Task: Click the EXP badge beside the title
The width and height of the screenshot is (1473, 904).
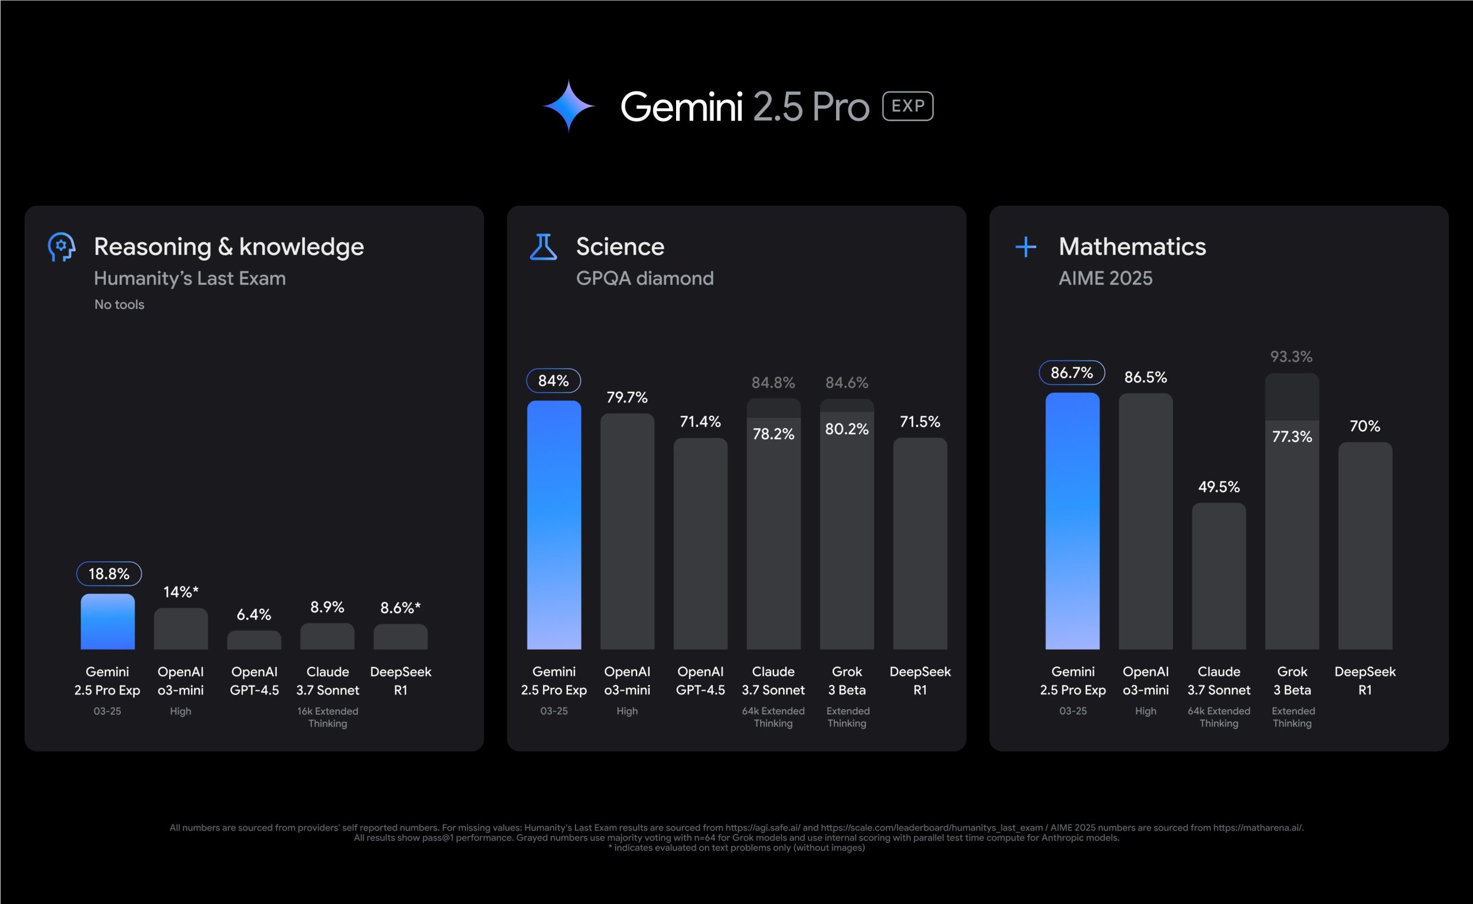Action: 907,106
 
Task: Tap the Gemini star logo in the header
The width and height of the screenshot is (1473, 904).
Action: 568,106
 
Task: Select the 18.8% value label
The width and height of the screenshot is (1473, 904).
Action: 109,574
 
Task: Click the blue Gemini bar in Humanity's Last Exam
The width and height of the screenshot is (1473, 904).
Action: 108,622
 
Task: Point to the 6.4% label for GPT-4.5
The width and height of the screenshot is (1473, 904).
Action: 254,615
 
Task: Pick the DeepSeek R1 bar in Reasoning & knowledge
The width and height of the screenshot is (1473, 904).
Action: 400,637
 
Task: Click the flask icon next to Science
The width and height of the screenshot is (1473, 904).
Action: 543,247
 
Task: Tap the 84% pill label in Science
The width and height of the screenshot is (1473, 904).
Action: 553,381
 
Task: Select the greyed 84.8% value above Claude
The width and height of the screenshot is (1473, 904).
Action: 773,382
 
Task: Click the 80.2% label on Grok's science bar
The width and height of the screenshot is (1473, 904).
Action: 846,429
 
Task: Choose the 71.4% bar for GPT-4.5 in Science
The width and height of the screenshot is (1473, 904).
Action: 700,544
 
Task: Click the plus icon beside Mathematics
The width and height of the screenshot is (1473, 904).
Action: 1026,247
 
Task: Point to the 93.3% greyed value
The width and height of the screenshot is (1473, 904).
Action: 1291,357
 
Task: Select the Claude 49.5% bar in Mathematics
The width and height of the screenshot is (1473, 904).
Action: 1218,577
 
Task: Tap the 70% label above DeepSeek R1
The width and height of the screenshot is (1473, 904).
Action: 1365,426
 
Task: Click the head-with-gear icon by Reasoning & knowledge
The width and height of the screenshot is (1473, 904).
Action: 61,247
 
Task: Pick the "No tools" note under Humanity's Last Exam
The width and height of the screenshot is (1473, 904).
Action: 119,304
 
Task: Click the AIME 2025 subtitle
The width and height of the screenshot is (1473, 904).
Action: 1105,278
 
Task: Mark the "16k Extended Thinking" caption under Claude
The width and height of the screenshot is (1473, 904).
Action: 327,717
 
